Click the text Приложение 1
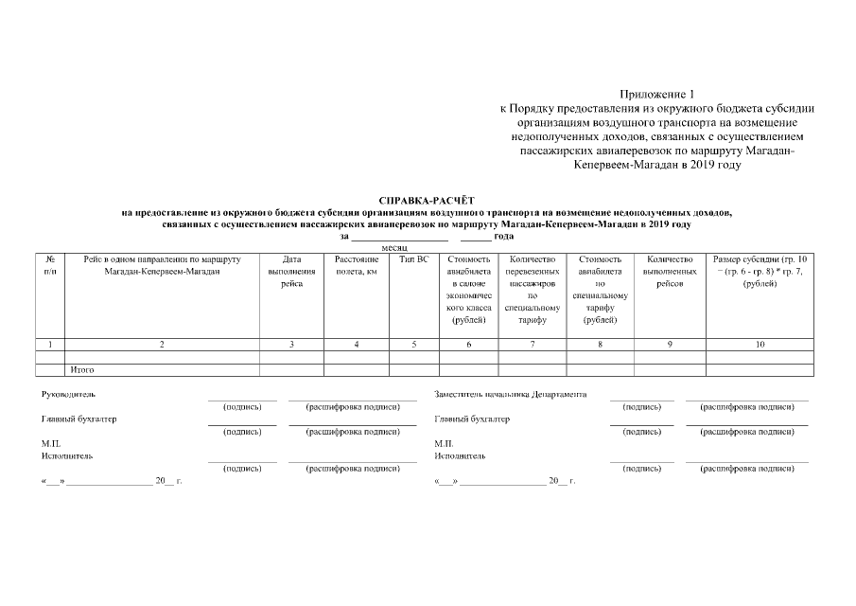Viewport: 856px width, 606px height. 656,95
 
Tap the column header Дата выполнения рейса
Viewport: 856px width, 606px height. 291,272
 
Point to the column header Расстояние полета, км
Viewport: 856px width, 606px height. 356,265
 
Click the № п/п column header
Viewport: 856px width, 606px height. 49,265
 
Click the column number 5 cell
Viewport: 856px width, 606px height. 414,345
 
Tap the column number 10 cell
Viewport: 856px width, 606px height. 760,345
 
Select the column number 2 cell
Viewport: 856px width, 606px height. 162,345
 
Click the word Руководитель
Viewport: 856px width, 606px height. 68,394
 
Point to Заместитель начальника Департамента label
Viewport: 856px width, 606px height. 511,394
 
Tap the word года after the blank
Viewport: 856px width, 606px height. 503,236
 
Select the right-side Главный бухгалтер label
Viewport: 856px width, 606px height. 471,419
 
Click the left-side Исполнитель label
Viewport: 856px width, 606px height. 66,455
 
